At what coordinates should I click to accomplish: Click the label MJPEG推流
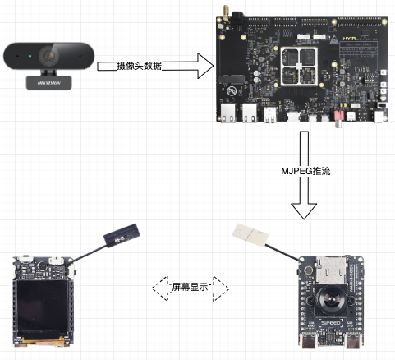click(x=304, y=172)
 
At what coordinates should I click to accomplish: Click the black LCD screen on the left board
click(x=42, y=306)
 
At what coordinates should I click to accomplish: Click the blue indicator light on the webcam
click(x=29, y=57)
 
